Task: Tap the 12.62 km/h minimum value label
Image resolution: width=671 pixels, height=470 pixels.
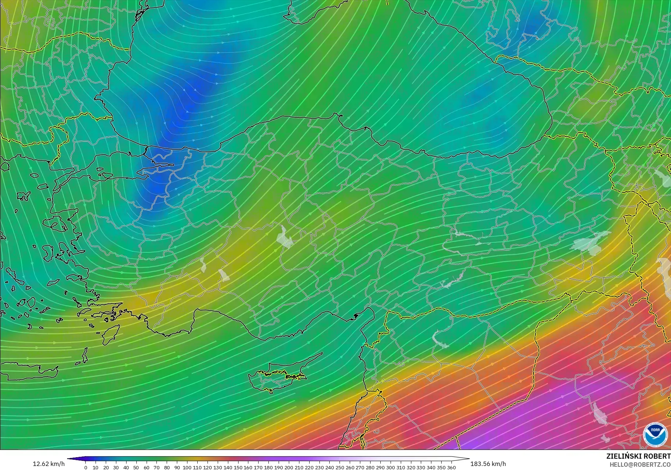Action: click(49, 464)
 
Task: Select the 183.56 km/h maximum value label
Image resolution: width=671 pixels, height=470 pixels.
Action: click(488, 464)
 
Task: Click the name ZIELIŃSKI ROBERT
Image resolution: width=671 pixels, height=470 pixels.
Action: click(638, 456)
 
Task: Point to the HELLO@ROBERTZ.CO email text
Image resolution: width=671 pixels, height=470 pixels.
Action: click(640, 464)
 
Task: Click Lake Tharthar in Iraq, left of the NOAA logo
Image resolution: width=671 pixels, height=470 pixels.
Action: click(598, 413)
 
